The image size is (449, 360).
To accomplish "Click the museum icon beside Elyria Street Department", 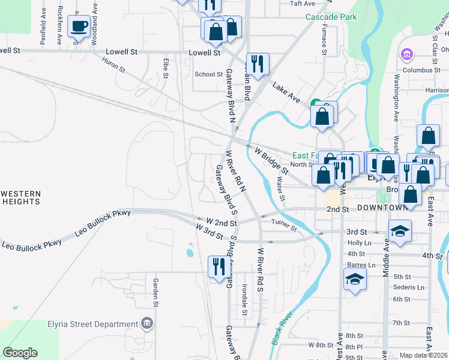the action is tap(146, 324).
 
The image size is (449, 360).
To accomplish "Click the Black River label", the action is tap(282, 328).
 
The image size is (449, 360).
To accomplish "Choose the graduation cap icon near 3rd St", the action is tap(400, 231).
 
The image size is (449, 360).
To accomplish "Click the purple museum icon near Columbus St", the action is tap(407, 55).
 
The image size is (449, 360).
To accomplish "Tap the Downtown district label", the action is tap(382, 208).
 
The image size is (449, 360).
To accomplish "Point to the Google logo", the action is tap(20, 353).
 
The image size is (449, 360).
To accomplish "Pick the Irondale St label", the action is tap(244, 300).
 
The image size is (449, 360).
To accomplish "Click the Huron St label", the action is tap(113, 65).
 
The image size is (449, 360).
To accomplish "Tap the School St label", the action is tap(209, 74).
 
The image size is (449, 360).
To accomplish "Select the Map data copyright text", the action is tap(423, 355).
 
